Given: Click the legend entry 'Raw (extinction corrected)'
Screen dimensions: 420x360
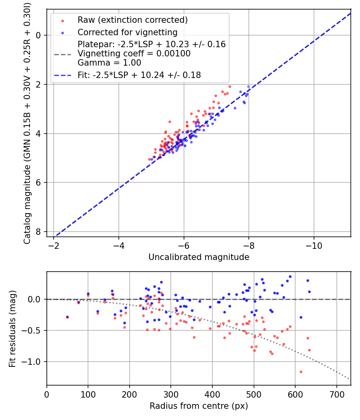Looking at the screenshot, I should click(132, 20).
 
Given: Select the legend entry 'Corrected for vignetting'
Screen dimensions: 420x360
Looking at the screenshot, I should click(127, 32).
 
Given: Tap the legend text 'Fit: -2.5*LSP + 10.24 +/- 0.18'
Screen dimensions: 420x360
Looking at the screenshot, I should click(139, 75).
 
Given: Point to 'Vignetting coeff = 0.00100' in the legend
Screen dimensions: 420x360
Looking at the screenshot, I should click(134, 54).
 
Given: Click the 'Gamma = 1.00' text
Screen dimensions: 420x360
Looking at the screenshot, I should click(109, 63).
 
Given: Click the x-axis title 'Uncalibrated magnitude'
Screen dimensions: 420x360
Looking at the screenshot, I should click(199, 257).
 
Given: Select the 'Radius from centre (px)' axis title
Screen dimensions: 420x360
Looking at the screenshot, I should click(199, 406).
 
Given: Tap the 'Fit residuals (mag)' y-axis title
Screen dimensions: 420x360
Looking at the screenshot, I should click(12, 328).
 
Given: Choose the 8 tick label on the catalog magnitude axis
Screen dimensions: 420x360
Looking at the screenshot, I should click(38, 232).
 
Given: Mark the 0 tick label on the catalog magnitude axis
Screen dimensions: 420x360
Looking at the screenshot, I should click(38, 35).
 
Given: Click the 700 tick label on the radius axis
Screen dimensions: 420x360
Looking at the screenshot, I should click(336, 394).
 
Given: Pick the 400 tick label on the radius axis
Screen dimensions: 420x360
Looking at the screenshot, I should click(212, 394).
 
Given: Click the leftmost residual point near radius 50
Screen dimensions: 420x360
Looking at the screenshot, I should click(68, 317).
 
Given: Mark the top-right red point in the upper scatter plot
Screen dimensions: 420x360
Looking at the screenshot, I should click(230, 86).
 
